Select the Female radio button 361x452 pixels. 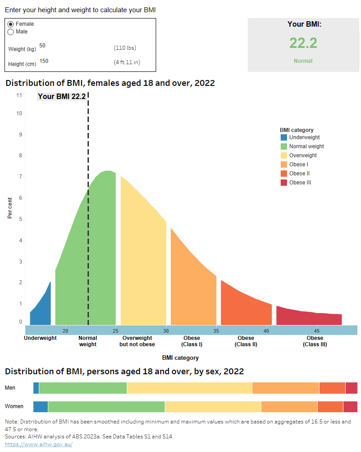point(11,24)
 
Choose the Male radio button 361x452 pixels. point(11,32)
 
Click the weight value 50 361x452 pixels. point(42,46)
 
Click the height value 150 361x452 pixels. point(44,61)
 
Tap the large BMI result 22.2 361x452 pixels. point(303,43)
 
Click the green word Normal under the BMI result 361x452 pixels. point(303,61)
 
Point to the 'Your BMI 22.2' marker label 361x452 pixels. point(61,96)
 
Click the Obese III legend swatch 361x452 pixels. point(284,183)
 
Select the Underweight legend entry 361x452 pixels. point(304,137)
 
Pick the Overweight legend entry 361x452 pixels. point(303,155)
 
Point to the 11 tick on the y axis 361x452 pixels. point(19,95)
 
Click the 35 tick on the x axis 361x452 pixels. point(216,331)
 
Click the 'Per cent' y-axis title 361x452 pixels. point(10,208)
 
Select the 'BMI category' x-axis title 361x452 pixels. point(180,358)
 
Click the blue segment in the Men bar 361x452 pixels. point(36,388)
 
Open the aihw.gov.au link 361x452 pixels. point(38,444)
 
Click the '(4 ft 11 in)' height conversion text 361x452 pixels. point(127,62)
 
